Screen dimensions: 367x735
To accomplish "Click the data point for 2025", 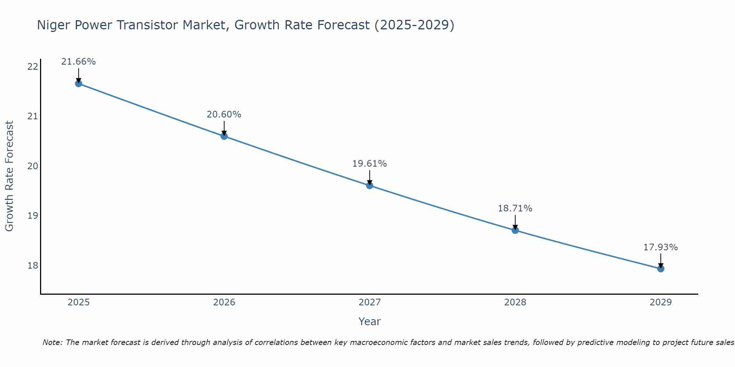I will [79, 83].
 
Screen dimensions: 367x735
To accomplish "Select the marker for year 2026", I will [224, 136].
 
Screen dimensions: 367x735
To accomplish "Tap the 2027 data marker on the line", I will [370, 185].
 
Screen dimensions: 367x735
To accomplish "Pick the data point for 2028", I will [515, 230].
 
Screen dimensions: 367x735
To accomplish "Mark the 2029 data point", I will [661, 269].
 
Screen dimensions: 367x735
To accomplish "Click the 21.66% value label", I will [78, 62].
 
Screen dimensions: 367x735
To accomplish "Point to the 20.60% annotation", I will [224, 115].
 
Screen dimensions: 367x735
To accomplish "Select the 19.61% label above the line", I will [369, 164].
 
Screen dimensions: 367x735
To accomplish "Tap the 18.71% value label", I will [515, 208].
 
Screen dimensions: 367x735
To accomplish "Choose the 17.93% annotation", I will [660, 247].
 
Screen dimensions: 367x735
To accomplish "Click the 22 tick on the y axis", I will [33, 67].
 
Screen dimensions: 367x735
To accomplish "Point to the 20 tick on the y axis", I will [33, 166].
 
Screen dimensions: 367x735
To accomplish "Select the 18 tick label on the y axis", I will [33, 265].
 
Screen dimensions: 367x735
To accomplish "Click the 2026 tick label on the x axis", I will [224, 302].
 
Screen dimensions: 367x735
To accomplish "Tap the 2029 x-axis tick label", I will [661, 302].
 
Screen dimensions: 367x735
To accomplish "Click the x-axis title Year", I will [369, 321].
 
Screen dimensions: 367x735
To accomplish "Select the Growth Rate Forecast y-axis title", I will [10, 176].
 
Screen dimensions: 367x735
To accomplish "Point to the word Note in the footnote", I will [52, 342].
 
